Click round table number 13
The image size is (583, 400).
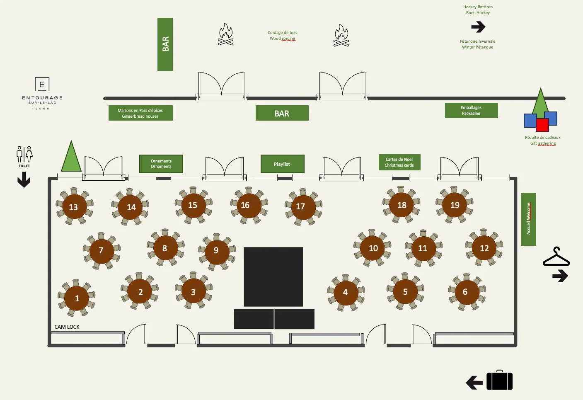(x=73, y=207)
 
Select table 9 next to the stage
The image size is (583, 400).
(x=216, y=250)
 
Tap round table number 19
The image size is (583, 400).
(x=455, y=205)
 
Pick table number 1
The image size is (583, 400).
(x=77, y=298)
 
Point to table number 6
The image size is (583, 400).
(x=465, y=292)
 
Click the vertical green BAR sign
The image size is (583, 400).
(x=165, y=44)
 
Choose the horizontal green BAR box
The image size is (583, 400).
(x=282, y=113)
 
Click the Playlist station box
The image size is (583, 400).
(x=282, y=164)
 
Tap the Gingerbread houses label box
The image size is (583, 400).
(x=140, y=113)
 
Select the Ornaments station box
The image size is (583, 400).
(x=161, y=164)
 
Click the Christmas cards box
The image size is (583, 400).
(x=399, y=162)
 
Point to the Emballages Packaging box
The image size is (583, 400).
(x=471, y=110)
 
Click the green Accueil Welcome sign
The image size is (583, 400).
(x=528, y=219)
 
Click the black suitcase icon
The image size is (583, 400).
(x=499, y=381)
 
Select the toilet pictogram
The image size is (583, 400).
(x=24, y=154)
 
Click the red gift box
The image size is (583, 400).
(x=542, y=124)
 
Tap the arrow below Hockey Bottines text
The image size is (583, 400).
(x=478, y=27)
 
